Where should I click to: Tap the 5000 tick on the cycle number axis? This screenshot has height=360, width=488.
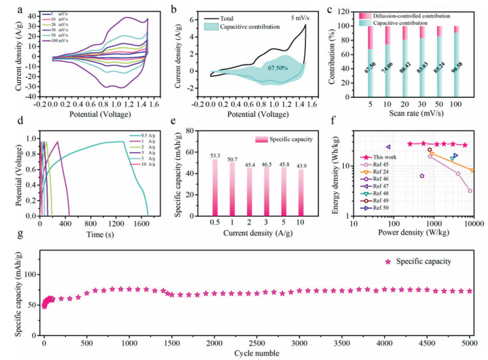469,343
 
